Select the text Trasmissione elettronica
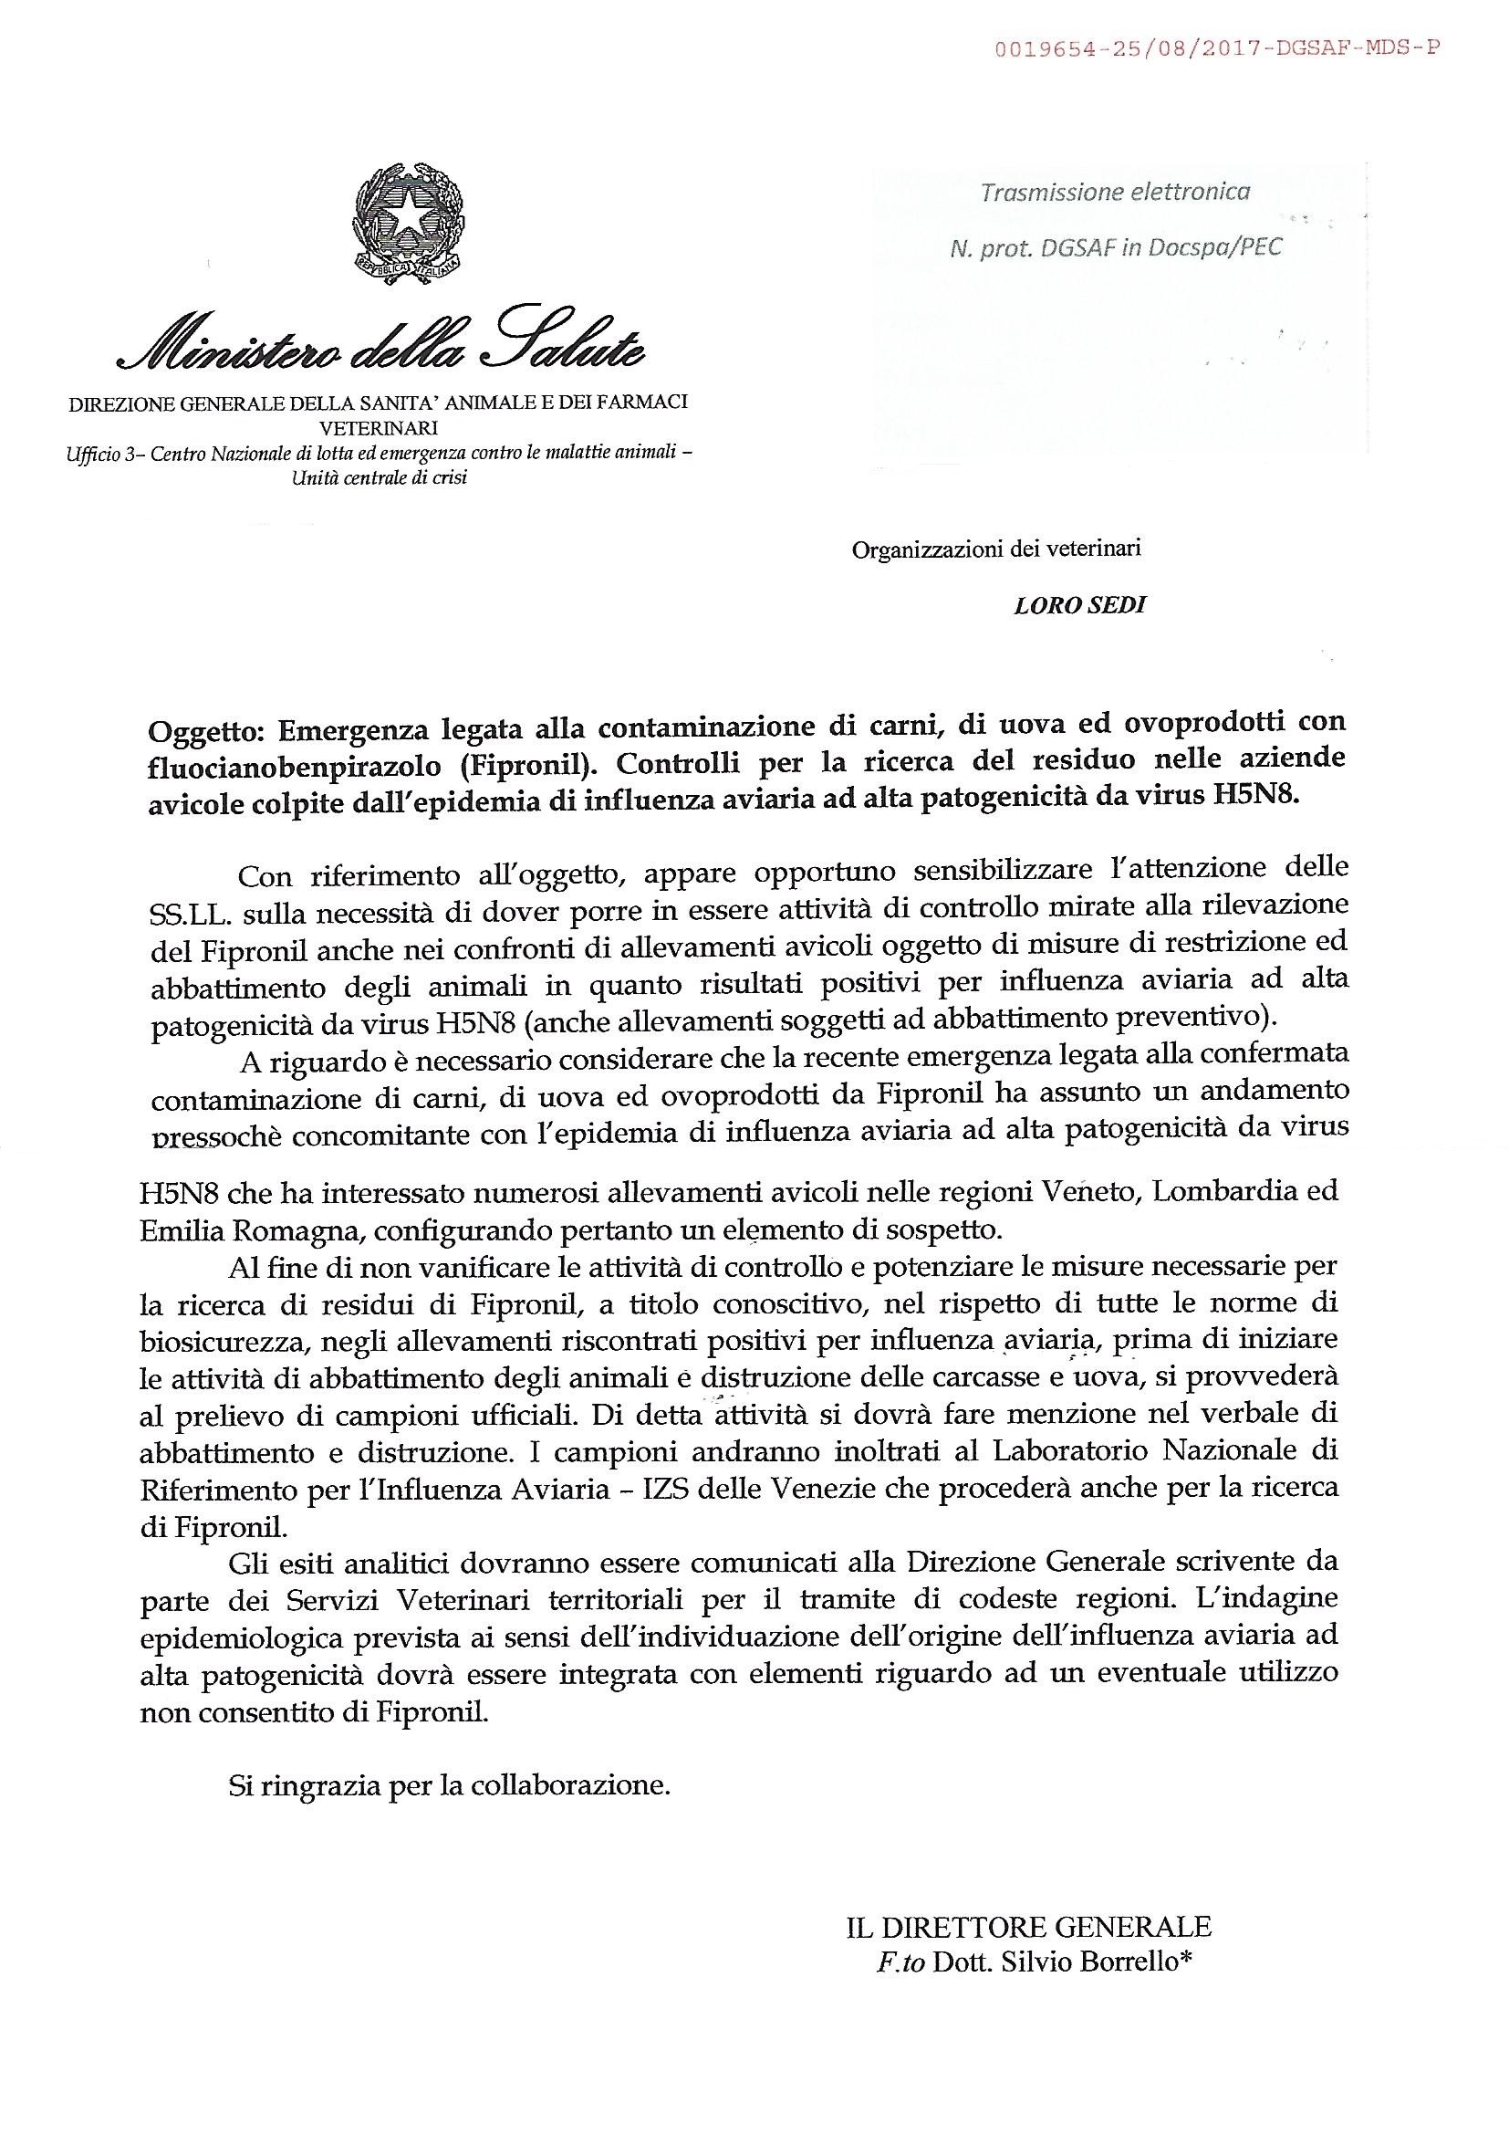pos(1115,193)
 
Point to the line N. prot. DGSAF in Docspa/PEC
pos(1115,248)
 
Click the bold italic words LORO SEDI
pos(1078,605)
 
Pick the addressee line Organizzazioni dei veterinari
pos(996,549)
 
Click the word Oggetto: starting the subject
pos(205,724)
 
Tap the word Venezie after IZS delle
pos(821,1488)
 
